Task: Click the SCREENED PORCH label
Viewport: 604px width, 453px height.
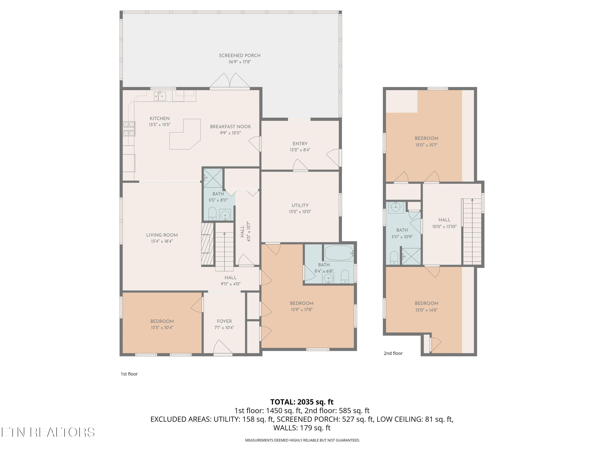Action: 239,55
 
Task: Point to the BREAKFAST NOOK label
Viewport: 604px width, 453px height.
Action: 230,127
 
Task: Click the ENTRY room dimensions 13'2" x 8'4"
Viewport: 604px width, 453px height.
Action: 300,150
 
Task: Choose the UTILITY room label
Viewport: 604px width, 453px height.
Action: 300,205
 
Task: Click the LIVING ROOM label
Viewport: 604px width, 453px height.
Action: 162,235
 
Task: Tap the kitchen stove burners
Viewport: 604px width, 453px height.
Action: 129,129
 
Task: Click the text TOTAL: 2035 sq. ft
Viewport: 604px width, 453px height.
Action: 302,402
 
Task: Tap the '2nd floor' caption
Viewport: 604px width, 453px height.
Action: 393,353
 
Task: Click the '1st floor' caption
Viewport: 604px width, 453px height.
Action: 129,374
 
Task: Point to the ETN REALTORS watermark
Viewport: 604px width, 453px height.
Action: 48,432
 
